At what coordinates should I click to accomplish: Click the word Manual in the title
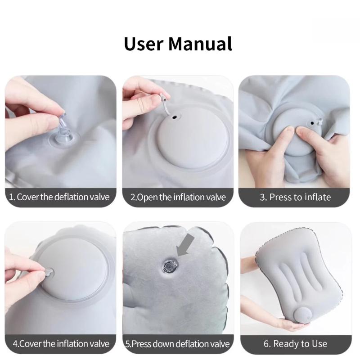click(x=200, y=44)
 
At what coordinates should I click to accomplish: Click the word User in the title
click(x=144, y=44)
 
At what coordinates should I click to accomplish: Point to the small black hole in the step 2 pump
click(x=175, y=117)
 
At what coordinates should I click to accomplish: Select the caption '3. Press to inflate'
click(x=295, y=197)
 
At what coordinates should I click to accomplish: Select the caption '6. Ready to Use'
click(x=295, y=344)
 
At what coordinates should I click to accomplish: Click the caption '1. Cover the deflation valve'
click(x=59, y=197)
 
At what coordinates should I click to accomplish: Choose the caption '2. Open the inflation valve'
click(x=178, y=197)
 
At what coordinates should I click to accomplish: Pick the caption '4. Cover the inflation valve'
click(x=61, y=344)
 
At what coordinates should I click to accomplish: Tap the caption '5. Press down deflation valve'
click(x=177, y=344)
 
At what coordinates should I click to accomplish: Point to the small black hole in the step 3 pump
click(x=312, y=123)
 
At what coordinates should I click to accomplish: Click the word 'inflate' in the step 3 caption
click(x=318, y=197)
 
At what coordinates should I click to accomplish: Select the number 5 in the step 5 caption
click(x=127, y=344)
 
